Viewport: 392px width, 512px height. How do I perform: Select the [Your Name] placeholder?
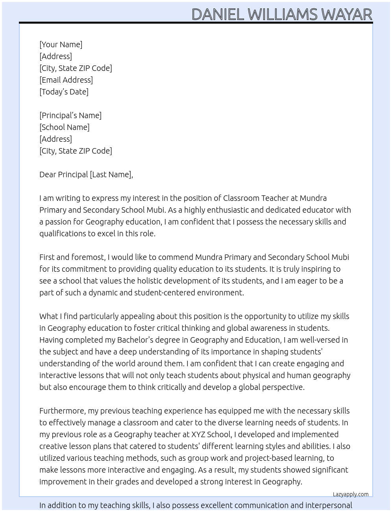(61, 45)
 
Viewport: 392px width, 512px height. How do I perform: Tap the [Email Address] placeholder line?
(66, 80)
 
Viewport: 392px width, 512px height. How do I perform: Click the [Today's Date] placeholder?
(64, 92)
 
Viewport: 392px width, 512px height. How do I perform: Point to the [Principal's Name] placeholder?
(70, 115)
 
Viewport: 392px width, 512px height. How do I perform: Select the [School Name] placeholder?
(64, 127)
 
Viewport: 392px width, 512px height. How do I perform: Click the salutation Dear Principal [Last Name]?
(86, 174)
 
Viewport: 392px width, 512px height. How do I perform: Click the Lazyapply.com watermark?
(350, 494)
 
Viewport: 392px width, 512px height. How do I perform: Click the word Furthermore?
(63, 411)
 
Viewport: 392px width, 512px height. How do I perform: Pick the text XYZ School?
(211, 434)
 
